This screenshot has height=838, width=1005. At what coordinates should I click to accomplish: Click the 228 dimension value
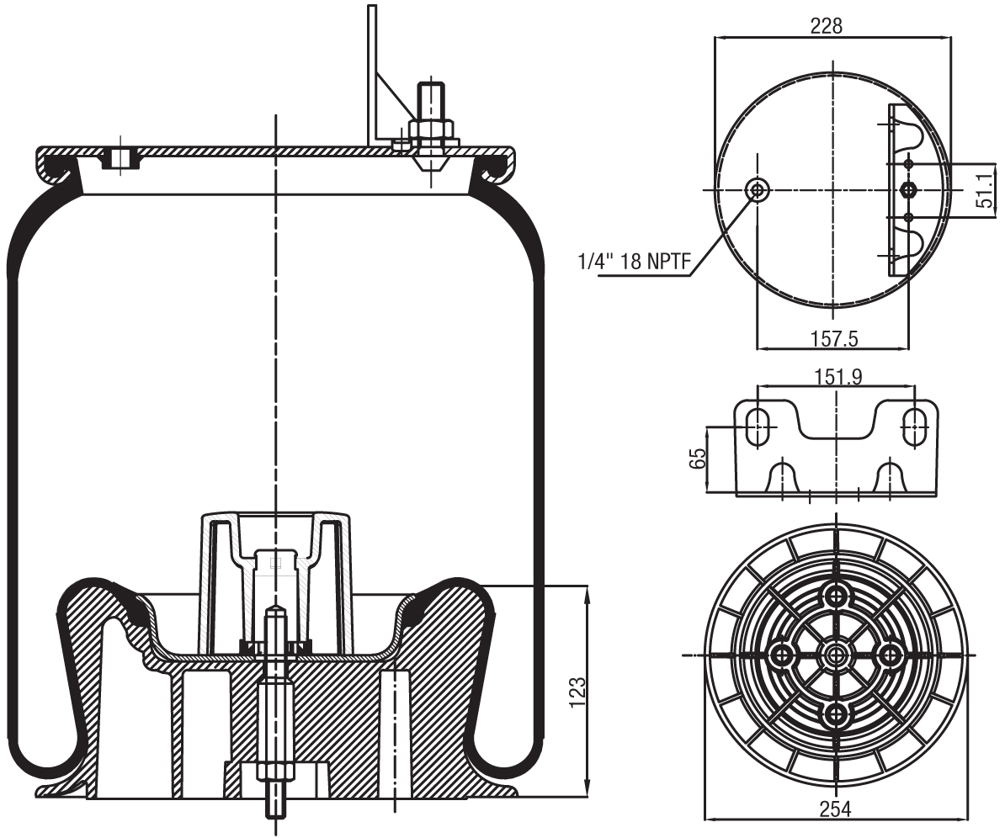point(826,26)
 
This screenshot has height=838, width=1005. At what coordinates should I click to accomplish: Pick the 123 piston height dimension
point(577,691)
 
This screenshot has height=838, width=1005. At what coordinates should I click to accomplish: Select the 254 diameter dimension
point(835,809)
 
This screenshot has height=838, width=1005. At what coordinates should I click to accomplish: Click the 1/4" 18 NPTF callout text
point(633,263)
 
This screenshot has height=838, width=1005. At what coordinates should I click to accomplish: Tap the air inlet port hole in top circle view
point(758,189)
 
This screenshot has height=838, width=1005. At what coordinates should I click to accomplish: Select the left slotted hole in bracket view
point(758,427)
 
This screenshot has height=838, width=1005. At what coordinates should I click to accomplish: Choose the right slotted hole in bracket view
point(915,427)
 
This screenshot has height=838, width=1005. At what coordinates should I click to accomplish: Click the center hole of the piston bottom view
point(836,655)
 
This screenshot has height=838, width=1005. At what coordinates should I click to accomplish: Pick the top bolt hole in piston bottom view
point(836,596)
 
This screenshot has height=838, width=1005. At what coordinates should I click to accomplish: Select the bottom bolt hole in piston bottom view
point(836,713)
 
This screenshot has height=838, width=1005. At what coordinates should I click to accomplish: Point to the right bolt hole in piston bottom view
point(890,655)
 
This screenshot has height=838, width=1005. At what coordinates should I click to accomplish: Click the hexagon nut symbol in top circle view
point(907,189)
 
